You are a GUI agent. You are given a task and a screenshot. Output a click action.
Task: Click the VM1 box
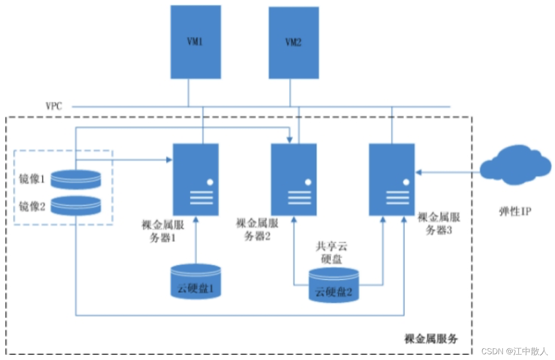[196, 42]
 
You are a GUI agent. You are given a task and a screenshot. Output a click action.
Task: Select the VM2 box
[293, 43]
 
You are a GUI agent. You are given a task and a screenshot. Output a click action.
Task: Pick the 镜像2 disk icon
[76, 205]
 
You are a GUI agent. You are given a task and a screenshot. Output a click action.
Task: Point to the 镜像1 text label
[32, 180]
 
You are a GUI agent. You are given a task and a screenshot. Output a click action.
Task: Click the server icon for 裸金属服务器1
[195, 180]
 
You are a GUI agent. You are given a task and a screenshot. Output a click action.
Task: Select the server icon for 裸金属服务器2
[293, 180]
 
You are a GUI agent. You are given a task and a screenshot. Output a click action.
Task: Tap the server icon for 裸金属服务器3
[392, 180]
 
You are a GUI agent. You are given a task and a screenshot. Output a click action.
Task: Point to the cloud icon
[515, 165]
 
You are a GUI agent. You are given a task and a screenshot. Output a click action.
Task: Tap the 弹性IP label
[514, 211]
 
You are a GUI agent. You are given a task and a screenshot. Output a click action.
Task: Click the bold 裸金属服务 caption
[431, 339]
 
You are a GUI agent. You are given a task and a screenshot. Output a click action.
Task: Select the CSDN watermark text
[514, 351]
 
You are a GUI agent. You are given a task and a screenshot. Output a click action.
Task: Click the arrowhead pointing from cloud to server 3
[418, 172]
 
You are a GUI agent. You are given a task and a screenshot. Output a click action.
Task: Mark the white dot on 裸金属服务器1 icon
[210, 182]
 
